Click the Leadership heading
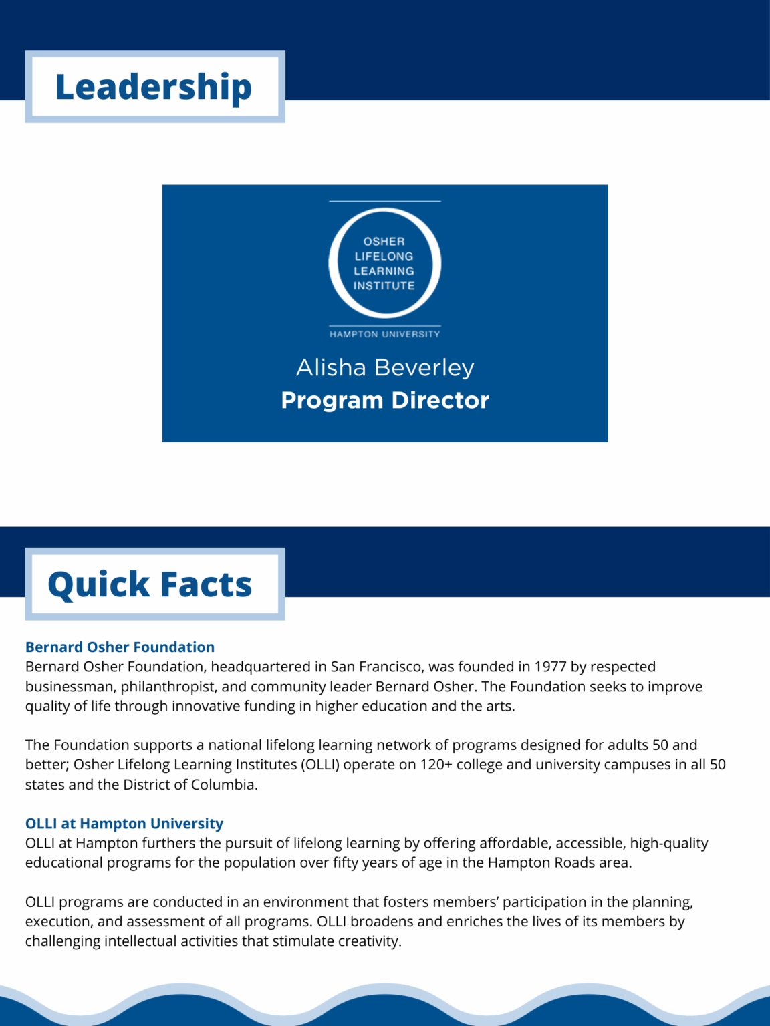click(x=154, y=88)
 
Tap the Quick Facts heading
click(x=150, y=584)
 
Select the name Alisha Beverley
click(x=385, y=367)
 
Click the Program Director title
click(x=385, y=400)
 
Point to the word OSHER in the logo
click(x=384, y=242)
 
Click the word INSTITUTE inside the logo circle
click(x=384, y=286)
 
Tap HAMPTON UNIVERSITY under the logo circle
click(x=385, y=334)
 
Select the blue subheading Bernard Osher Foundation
click(x=120, y=647)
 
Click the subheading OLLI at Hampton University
click(x=124, y=824)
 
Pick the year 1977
click(x=550, y=667)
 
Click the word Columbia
click(x=224, y=784)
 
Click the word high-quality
click(x=669, y=843)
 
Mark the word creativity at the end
click(x=369, y=941)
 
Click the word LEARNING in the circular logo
click(x=384, y=271)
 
